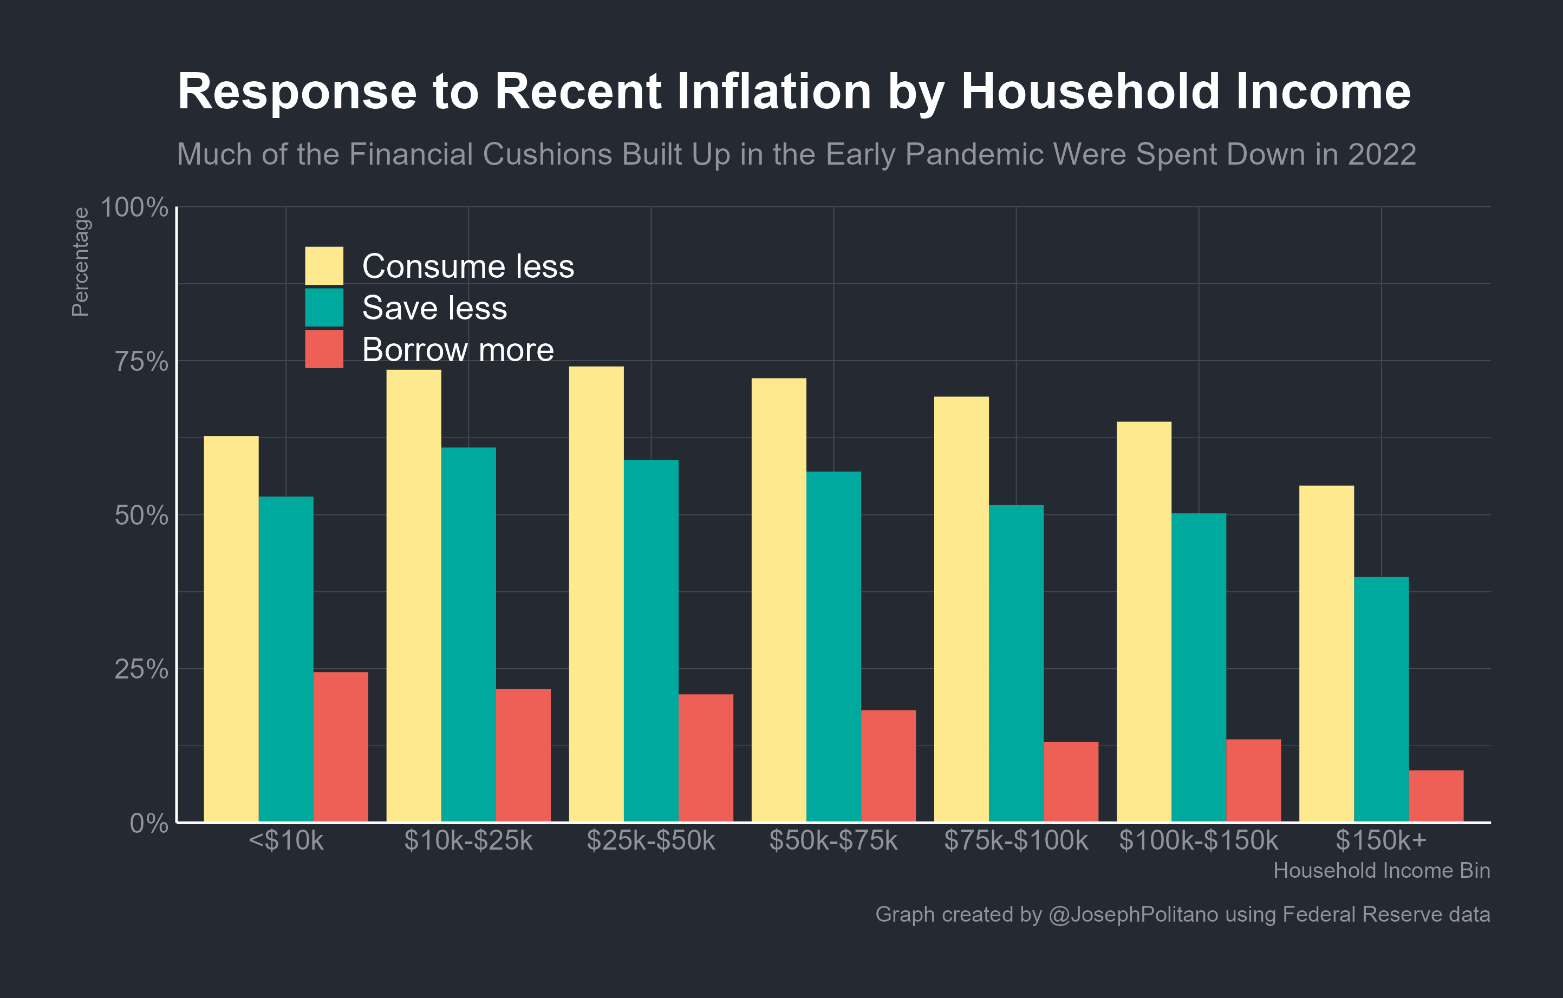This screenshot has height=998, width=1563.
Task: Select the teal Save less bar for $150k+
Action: pos(1381,699)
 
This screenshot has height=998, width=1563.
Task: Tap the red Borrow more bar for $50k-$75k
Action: pos(888,766)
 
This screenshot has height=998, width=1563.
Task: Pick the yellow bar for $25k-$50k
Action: pos(596,593)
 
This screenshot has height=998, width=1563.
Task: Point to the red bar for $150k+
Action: pos(1436,795)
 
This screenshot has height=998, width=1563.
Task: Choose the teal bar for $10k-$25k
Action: pos(468,634)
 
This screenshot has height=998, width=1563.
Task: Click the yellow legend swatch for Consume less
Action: pos(324,265)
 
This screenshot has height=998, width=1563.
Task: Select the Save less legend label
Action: pos(434,308)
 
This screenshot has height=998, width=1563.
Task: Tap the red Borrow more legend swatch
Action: pos(324,349)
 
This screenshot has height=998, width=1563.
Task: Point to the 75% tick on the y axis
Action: pos(141,361)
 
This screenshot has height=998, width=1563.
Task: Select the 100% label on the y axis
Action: pos(134,207)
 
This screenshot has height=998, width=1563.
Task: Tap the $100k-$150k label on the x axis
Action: pos(1198,840)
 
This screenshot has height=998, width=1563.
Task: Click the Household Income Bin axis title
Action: pos(1381,870)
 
